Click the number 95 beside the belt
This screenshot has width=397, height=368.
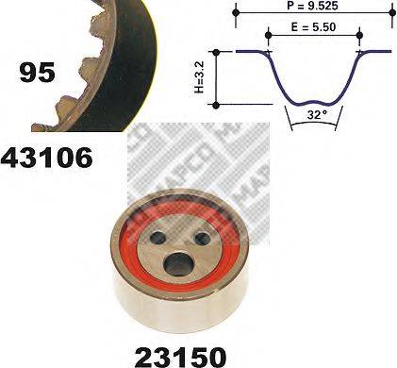37,73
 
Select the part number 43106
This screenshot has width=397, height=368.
47,158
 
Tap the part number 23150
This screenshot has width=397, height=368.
180,357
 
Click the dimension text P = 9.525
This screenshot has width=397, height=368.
312,6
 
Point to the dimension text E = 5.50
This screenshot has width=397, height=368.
313,27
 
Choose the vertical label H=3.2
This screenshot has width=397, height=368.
199,77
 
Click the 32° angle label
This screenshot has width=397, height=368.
315,115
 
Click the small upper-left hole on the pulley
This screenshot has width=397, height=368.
158,238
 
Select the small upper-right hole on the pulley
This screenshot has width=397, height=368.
203,238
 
